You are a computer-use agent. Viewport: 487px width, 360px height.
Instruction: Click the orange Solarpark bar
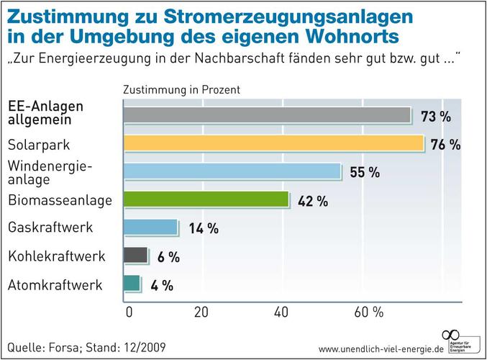[x=273, y=143]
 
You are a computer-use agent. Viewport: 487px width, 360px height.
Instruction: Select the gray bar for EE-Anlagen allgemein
[x=267, y=115]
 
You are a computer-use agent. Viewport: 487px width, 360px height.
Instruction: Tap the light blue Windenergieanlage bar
[x=232, y=171]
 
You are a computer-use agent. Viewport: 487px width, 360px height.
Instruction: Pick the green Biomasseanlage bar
[x=206, y=199]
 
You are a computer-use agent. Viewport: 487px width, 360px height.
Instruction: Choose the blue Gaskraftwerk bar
[x=150, y=228]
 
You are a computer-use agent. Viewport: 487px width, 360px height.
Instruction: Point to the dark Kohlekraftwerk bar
[x=135, y=255]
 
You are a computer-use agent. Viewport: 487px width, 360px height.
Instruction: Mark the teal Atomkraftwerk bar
[x=132, y=283]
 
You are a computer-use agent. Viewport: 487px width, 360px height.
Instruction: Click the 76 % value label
[x=445, y=145]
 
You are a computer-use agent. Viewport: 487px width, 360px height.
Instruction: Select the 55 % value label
[x=364, y=173]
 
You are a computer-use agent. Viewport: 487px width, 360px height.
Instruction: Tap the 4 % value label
[x=161, y=285]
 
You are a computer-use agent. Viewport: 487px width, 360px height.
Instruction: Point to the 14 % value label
[x=203, y=229]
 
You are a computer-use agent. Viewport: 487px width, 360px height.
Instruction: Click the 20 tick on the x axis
[x=200, y=312]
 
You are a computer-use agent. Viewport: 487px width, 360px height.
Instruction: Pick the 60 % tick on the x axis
[x=368, y=312]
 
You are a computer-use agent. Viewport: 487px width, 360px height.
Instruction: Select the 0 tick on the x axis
[x=129, y=312]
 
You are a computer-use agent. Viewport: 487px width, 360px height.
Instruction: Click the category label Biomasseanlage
[x=60, y=200]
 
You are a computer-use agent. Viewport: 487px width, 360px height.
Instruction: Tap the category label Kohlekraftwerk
[x=56, y=256]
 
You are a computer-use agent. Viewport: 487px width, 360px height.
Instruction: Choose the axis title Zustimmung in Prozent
[x=181, y=91]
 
